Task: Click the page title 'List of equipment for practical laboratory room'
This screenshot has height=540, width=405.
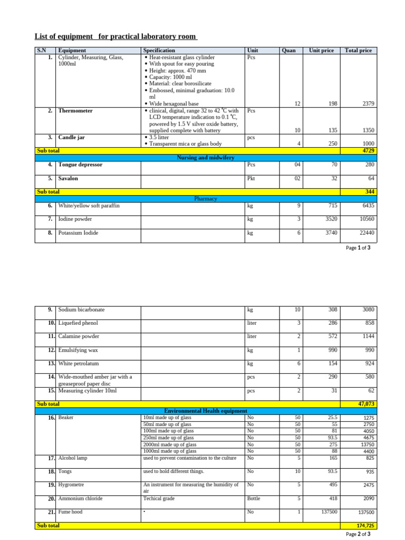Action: pyautogui.click(x=116, y=36)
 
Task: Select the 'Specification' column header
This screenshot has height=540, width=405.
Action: pyautogui.click(x=159, y=51)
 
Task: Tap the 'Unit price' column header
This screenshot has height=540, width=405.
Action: pyautogui.click(x=321, y=51)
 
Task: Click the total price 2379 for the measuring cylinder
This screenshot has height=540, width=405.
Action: pyautogui.click(x=368, y=104)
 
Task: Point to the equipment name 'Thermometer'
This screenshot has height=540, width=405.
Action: pyautogui.click(x=75, y=111)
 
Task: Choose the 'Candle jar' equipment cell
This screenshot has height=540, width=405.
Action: pyautogui.click(x=71, y=137)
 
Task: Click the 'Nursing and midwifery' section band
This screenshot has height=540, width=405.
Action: pyautogui.click(x=206, y=158)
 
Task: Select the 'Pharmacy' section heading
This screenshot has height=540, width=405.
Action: pyautogui.click(x=206, y=199)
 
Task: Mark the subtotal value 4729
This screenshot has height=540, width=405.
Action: pyautogui.click(x=368, y=151)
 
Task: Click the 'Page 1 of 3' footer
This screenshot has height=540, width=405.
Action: pyautogui.click(x=358, y=248)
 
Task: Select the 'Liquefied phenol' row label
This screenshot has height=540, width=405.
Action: pyautogui.click(x=78, y=323)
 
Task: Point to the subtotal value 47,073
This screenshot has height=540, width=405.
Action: pyautogui.click(x=366, y=404)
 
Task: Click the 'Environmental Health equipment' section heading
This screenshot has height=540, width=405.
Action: pyautogui.click(x=206, y=411)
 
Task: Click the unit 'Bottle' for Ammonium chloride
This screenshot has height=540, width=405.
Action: pyautogui.click(x=254, y=498)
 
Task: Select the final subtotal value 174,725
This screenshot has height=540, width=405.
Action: pyautogui.click(x=365, y=526)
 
